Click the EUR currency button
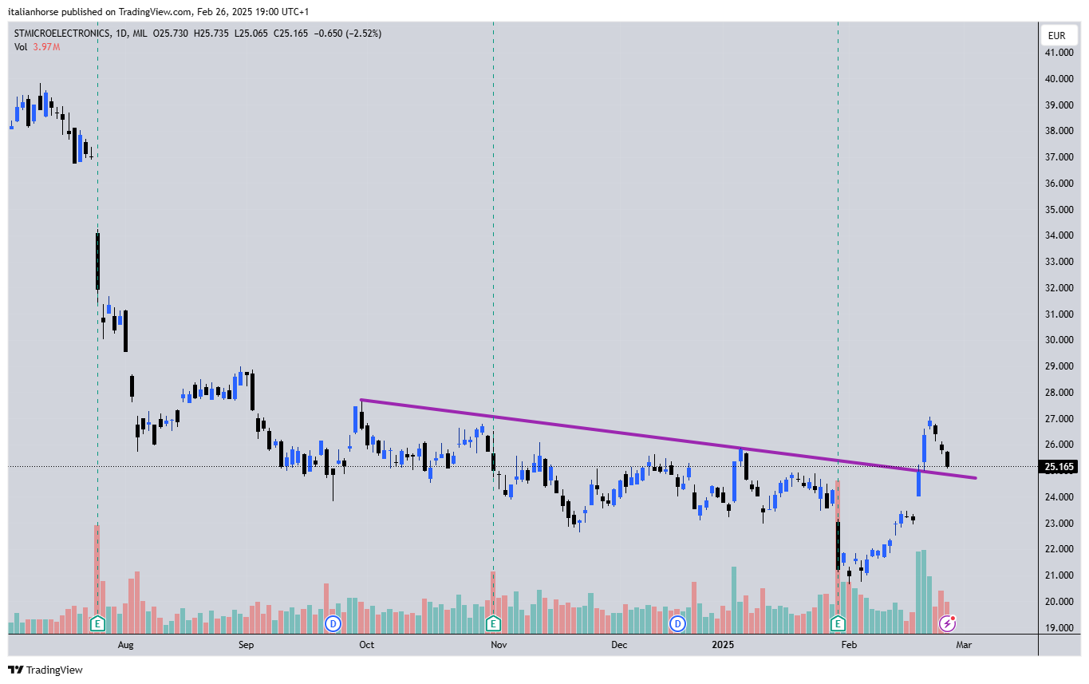pos(1057,35)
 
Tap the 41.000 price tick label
pos(1059,53)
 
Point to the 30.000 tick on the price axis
pos(1059,340)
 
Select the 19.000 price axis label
pos(1059,627)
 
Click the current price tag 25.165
pos(1059,467)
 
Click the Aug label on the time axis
pos(125,644)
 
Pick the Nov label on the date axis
pos(499,644)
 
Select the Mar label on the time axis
pos(964,644)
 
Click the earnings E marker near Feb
pos(838,623)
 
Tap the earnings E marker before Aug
pos(97,623)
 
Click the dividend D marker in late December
pos(678,623)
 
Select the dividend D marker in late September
pos(333,623)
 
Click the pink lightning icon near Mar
pos(948,623)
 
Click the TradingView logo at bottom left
pos(45,670)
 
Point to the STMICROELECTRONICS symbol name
pos(61,34)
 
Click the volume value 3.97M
pos(46,47)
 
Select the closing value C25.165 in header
pos(291,34)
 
